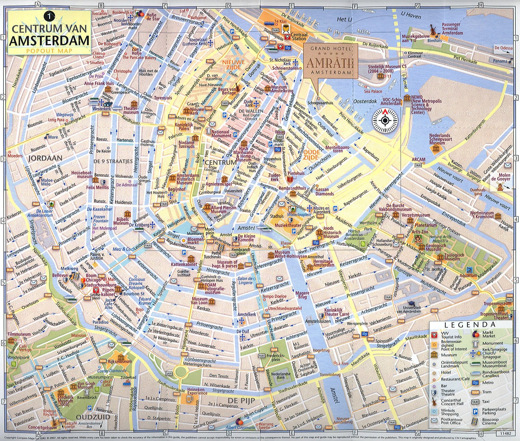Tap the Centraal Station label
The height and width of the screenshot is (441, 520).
coord(299,36)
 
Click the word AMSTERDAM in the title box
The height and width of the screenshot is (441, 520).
coord(49,40)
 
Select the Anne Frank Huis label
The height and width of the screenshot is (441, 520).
coord(99,83)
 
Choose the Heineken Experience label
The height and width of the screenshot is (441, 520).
coord(197,391)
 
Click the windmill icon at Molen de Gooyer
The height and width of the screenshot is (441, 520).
coord(499,186)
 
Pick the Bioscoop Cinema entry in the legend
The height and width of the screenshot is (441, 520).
coord(490,421)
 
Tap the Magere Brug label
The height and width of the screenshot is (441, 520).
coord(302,295)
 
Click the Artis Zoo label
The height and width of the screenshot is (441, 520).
coord(420,232)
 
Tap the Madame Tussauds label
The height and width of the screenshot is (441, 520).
coord(186,144)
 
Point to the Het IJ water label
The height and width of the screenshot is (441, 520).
coord(344,19)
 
